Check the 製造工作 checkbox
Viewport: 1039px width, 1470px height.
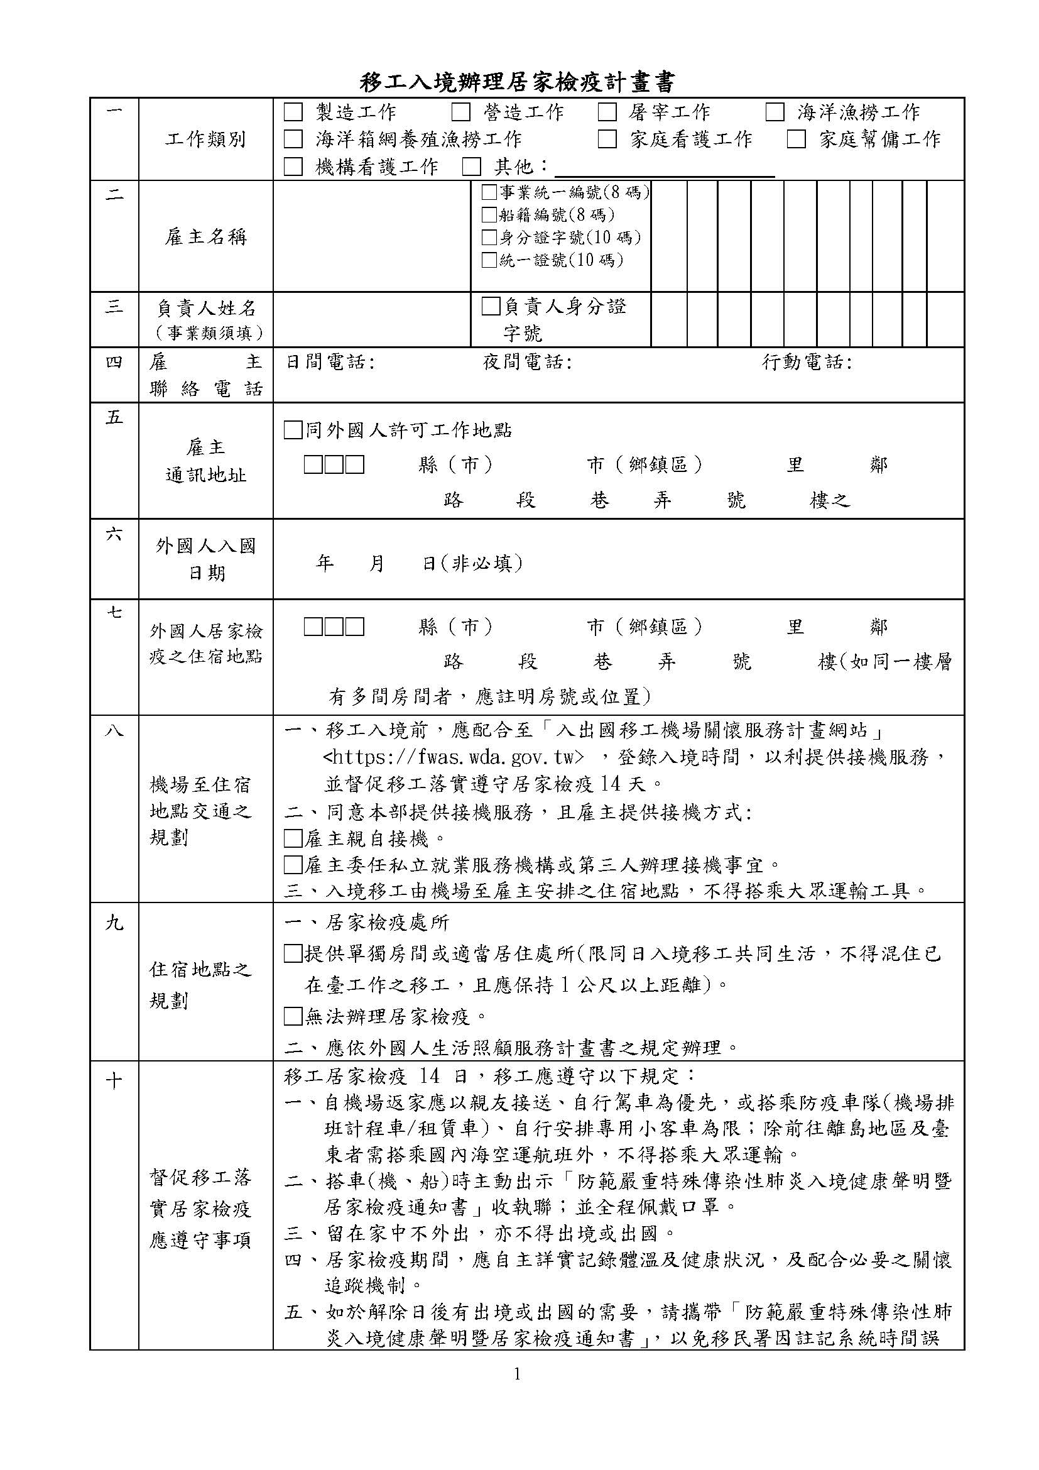pos(293,112)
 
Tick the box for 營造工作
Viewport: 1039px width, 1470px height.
pos(460,112)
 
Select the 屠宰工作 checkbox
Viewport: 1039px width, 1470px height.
pos(607,112)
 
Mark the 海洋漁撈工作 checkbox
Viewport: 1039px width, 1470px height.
pos(775,112)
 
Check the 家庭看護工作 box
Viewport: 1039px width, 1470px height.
pos(607,139)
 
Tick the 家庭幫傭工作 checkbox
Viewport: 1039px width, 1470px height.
pos(796,139)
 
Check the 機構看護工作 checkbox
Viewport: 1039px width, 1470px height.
pos(293,167)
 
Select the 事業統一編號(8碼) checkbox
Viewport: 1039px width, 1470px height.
pos(489,192)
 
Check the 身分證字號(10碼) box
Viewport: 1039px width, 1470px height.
pos(489,238)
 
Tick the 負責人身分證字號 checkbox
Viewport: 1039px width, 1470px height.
pos(491,307)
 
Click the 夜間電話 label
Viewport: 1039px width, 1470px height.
pos(526,363)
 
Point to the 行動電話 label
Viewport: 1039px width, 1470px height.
pos(807,363)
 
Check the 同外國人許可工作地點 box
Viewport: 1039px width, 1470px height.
pos(293,431)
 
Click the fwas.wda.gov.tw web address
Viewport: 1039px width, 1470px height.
pos(454,757)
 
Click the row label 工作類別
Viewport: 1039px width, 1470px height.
pos(205,140)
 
